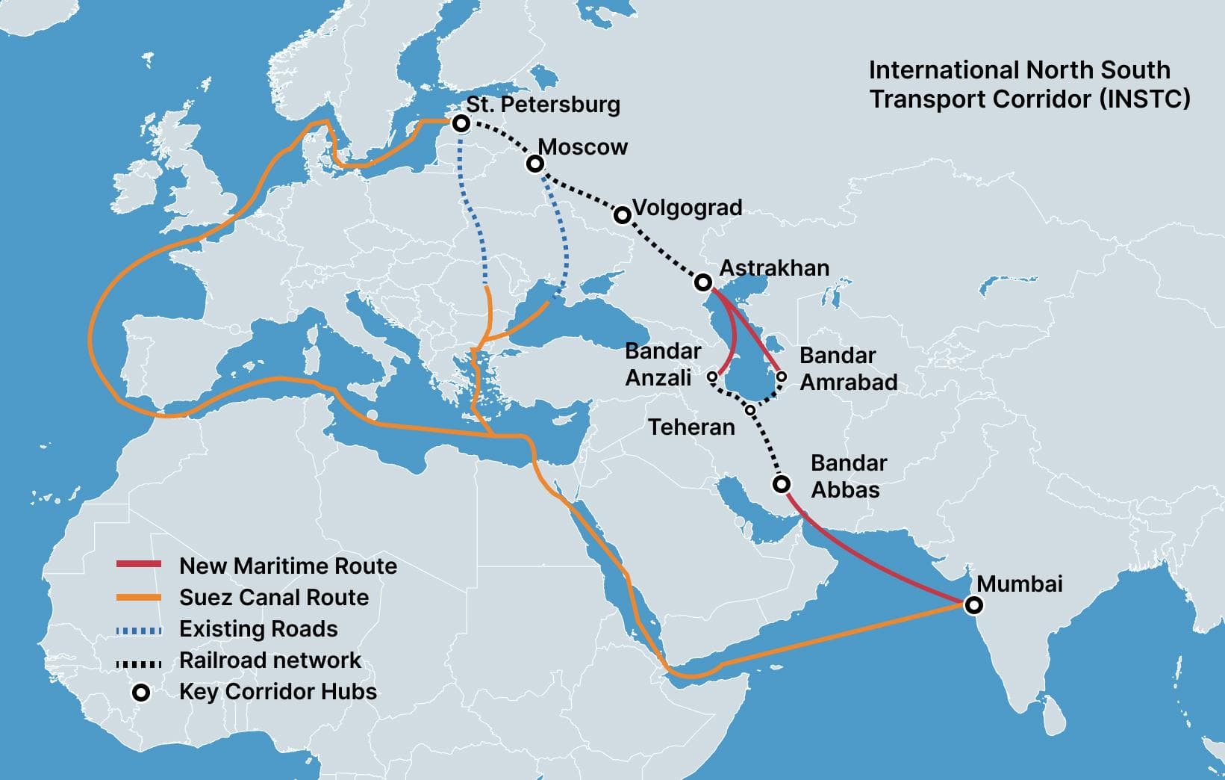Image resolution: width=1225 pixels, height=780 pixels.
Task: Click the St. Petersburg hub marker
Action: coord(461,123)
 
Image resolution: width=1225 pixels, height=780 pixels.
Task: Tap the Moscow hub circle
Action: coord(534,164)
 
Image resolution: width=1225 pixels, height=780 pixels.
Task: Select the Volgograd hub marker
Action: coord(622,215)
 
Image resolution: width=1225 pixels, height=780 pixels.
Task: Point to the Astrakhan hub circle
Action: coord(702,282)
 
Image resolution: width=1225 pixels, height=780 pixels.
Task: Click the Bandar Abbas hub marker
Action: coord(781,484)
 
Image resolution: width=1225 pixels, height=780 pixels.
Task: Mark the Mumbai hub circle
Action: coord(973,605)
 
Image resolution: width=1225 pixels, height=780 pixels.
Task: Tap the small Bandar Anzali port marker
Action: coord(712,377)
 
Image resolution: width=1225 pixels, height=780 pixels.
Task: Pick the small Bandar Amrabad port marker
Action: coord(781,377)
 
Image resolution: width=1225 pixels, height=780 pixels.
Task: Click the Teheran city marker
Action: coord(750,409)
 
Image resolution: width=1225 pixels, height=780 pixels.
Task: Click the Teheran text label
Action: coord(691,427)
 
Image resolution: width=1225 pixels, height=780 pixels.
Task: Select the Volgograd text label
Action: coord(687,208)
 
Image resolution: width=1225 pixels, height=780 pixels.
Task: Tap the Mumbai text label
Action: coord(1020,584)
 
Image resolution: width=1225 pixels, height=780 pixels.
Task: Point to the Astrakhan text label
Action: coord(774,267)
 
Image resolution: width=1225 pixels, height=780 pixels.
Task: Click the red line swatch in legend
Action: coord(139,565)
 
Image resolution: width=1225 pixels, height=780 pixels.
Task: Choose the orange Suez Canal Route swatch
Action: coord(139,597)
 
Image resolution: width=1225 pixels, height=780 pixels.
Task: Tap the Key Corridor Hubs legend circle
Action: coord(140,693)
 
